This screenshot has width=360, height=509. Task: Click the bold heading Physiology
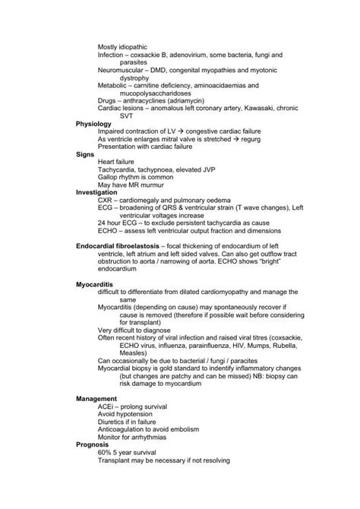[x=93, y=123]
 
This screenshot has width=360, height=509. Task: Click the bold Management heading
[x=96, y=399]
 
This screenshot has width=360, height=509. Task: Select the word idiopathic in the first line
[x=131, y=46]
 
